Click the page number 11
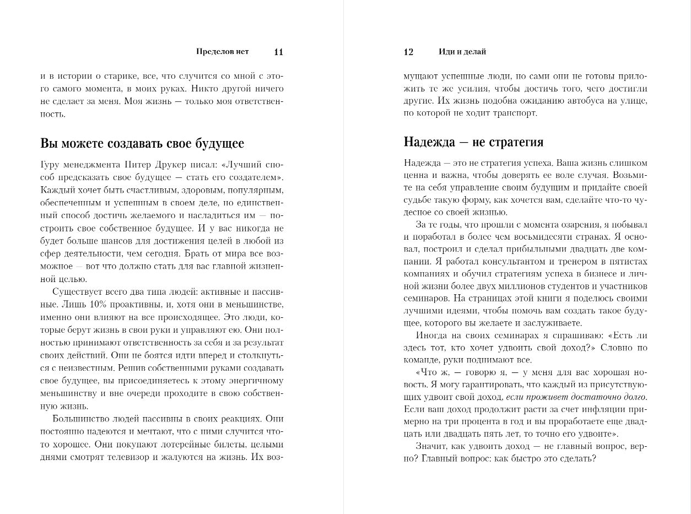point(278,52)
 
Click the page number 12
point(408,52)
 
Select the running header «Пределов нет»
point(222,52)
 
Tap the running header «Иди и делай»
point(462,52)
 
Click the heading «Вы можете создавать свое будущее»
point(142,144)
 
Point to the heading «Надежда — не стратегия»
point(473,142)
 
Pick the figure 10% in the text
point(89,305)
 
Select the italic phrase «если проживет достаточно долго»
point(576,397)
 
